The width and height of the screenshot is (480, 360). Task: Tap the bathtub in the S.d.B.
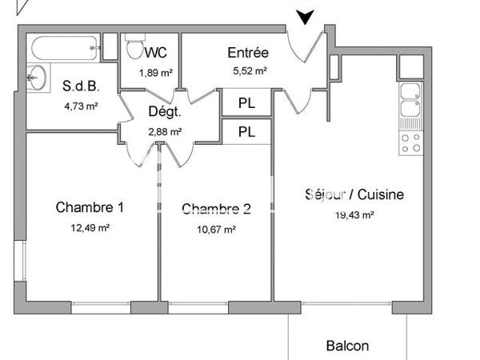64,48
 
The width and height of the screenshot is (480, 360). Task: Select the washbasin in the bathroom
35,78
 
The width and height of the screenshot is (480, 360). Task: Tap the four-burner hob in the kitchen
410,143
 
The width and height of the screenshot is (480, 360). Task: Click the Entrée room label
247,54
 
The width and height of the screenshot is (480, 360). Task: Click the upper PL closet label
246,103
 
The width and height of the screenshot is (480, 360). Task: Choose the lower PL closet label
246,132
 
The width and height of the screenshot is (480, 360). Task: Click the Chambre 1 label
90,208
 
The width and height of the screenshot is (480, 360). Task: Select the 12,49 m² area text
90,228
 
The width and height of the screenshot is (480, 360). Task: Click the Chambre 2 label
217,210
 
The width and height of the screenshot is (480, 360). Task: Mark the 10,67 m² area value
217,230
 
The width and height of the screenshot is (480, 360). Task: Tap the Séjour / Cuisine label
354,194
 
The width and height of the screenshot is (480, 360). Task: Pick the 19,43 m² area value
354,214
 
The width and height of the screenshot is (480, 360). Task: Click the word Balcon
348,346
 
